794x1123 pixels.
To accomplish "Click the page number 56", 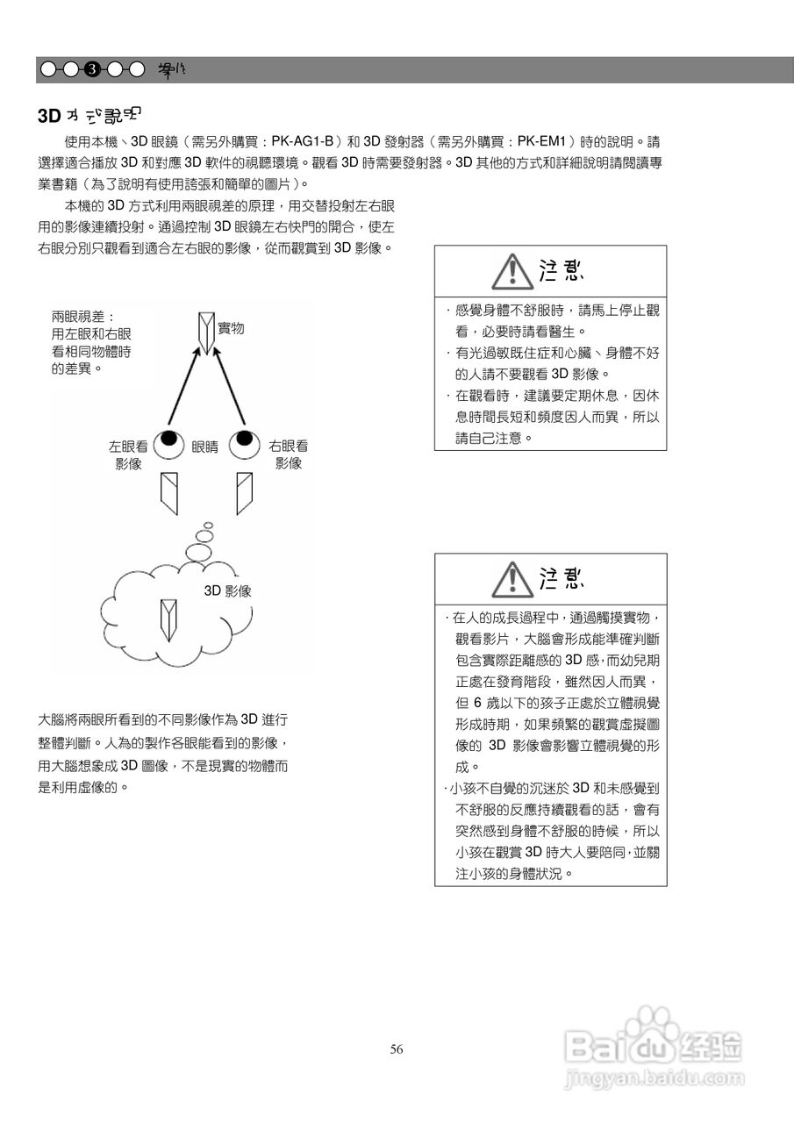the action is (x=397, y=1049).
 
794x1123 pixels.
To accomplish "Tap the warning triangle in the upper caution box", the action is (x=510, y=271).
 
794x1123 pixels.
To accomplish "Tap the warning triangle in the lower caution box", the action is (x=510, y=579).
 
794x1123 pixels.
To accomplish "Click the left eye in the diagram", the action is (x=168, y=444).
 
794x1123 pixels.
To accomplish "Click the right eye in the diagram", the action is (x=245, y=444).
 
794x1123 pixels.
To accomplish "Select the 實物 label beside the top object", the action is (x=231, y=328).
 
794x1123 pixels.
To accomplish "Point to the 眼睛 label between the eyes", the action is (x=205, y=447).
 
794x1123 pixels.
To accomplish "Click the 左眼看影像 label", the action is (x=128, y=454).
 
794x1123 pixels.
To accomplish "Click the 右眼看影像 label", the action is (x=288, y=454).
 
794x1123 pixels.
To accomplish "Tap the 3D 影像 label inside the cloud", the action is (x=228, y=591).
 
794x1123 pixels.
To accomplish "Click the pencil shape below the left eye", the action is (x=169, y=493).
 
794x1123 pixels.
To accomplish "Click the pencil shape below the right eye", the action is (x=244, y=493).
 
